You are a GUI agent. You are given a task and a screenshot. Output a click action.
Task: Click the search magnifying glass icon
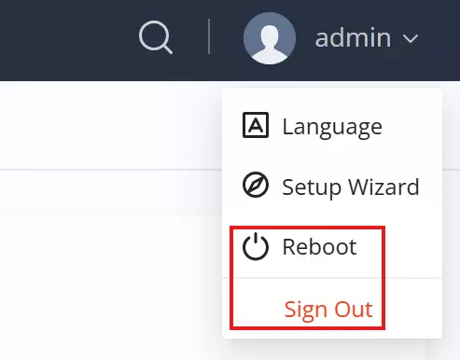[156, 37]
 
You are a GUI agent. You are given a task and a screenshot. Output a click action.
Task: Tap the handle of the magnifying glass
[167, 49]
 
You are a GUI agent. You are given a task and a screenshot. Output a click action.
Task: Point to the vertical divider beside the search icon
[209, 36]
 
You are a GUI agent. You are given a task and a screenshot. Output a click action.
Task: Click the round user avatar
[270, 38]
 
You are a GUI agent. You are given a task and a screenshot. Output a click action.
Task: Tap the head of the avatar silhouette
[270, 35]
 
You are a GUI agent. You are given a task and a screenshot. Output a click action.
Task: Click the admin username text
[353, 38]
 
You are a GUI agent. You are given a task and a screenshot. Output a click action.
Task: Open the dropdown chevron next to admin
[411, 39]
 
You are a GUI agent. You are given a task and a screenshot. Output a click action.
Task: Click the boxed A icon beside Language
[256, 125]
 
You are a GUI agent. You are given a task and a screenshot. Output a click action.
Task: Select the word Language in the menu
[332, 128]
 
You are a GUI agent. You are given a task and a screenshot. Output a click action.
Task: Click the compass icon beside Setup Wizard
[256, 185]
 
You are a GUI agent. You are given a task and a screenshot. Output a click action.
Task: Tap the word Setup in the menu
[312, 187]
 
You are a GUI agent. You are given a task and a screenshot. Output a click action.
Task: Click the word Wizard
[383, 187]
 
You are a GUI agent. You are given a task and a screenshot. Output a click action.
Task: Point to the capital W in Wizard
[360, 187]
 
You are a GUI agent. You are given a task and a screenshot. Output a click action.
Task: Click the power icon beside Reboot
[256, 246]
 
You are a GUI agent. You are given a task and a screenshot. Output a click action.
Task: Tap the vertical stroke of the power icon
[256, 240]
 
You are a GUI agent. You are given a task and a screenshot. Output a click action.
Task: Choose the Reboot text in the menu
[319, 247]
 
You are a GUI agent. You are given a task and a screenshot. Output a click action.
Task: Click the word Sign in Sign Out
[304, 311]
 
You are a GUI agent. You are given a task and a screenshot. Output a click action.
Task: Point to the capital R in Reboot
[289, 247]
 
